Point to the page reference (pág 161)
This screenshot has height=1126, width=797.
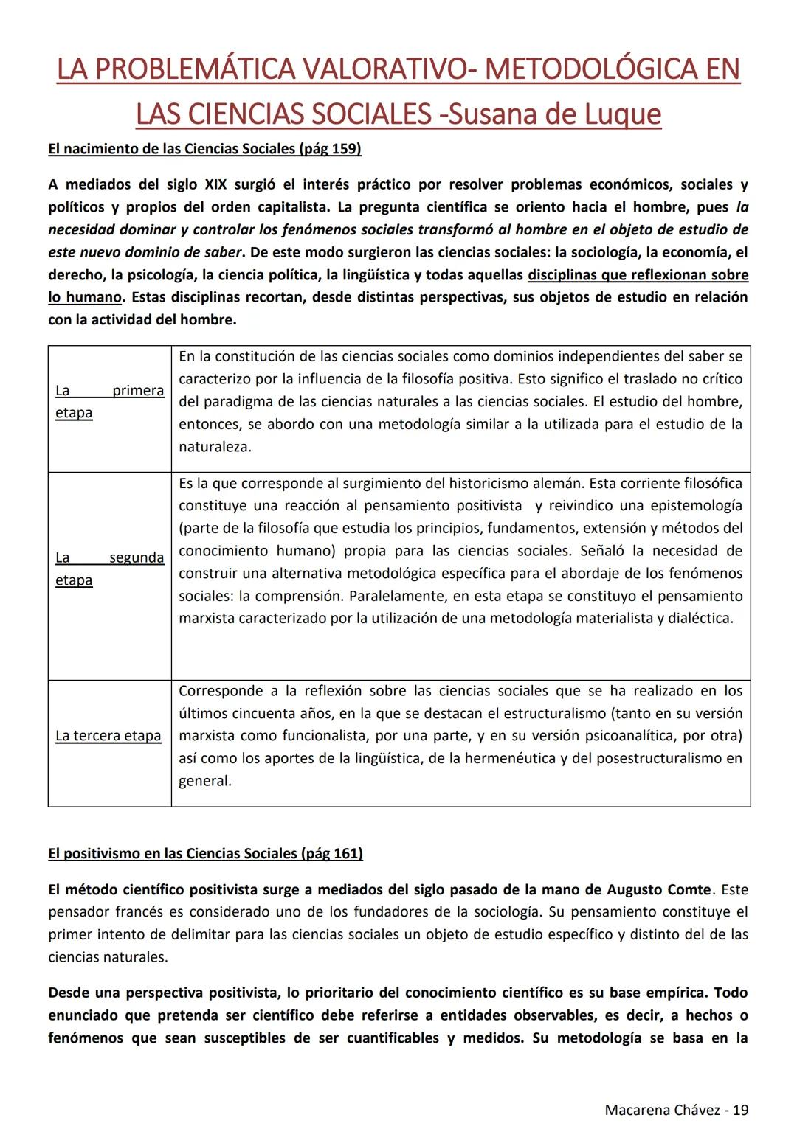[332, 854]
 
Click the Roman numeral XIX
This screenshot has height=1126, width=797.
[215, 184]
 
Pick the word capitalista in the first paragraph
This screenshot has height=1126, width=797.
[289, 207]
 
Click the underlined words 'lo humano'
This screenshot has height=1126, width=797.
[85, 298]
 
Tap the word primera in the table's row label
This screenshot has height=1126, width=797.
[138, 391]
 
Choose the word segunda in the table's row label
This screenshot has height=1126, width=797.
[137, 557]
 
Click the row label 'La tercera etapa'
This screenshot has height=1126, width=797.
[108, 736]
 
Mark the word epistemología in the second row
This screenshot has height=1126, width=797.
[696, 506]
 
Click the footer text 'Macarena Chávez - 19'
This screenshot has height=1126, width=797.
[676, 1110]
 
